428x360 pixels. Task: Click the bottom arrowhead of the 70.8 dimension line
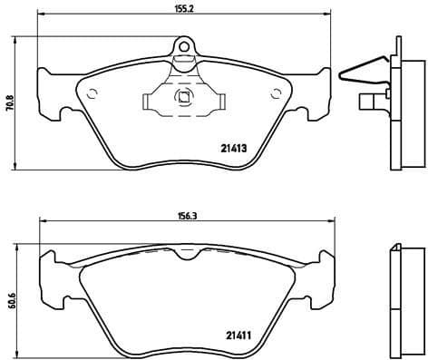coord(18,168)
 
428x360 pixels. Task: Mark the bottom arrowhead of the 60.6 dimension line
coord(18,353)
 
